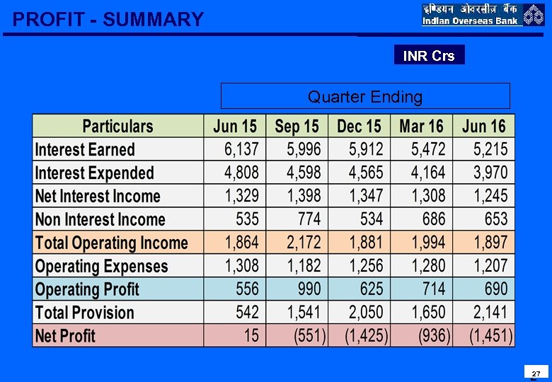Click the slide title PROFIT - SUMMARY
pos(108,19)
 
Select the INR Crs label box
pos(429,55)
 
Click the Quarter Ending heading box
pos(365,96)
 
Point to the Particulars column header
pos(117,127)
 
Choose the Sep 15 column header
pos(297,127)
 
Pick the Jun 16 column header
pos(484,127)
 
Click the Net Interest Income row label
pos(98,196)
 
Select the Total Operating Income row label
pos(111,243)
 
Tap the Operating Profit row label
pos(87,289)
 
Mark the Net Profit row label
pos(65,335)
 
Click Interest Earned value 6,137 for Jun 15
pos(242,149)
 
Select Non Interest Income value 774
pos(309,219)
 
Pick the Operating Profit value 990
pos(309,289)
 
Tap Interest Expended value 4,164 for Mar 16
pos(428,173)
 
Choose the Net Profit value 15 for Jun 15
pos(251,335)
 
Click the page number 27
pos(536,374)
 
